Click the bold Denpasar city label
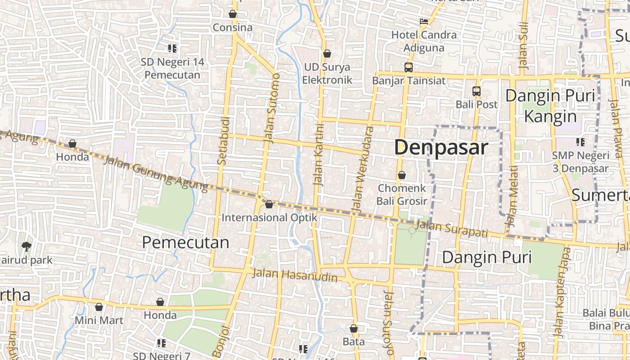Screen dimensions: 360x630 [441, 148]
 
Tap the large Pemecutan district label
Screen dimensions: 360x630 [185, 243]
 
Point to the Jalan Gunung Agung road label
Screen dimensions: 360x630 [156, 173]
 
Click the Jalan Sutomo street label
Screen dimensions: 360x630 [272, 108]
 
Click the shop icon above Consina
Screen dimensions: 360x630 [233, 14]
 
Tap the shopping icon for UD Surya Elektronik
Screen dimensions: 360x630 [327, 54]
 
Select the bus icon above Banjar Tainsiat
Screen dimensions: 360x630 [409, 67]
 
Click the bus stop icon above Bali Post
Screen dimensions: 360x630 [477, 91]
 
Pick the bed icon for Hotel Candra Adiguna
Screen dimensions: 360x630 [423, 21]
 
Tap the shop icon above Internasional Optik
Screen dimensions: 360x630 [269, 204]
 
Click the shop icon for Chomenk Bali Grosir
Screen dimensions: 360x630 [401, 175]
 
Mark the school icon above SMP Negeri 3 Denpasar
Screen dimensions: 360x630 [580, 142]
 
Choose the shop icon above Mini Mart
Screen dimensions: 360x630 [99, 307]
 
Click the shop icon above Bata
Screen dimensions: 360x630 [354, 328]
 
